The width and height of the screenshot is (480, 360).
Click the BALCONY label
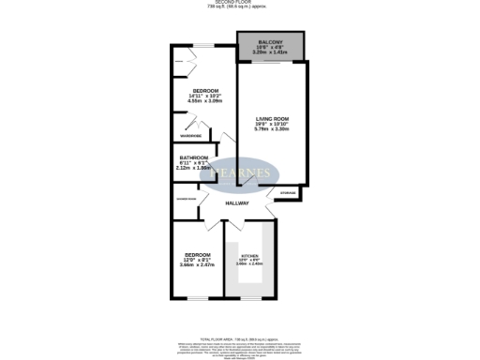270,40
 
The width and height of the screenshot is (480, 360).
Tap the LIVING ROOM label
270,119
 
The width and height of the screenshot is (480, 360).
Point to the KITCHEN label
249,257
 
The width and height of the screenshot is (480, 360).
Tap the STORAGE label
288,193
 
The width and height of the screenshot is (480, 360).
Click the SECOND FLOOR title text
239,3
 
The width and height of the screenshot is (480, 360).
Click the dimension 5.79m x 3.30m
270,129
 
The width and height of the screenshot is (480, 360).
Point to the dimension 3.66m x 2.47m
199,265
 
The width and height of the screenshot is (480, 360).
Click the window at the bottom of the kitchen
249,298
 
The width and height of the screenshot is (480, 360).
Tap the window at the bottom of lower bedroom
197,298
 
